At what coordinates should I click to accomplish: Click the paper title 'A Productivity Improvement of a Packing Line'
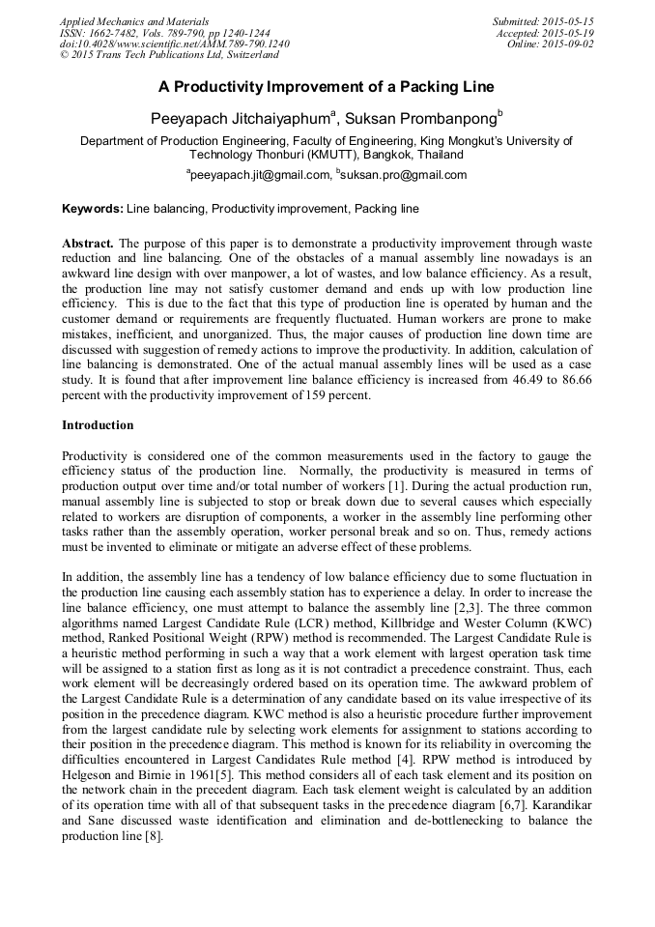click(327, 87)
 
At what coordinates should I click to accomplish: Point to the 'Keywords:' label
click(92, 208)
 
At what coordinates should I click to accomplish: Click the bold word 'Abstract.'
click(88, 243)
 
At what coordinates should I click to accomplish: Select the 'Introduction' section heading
click(98, 424)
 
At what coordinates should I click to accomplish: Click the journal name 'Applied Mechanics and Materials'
click(134, 21)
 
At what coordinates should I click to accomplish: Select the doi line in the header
click(174, 44)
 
